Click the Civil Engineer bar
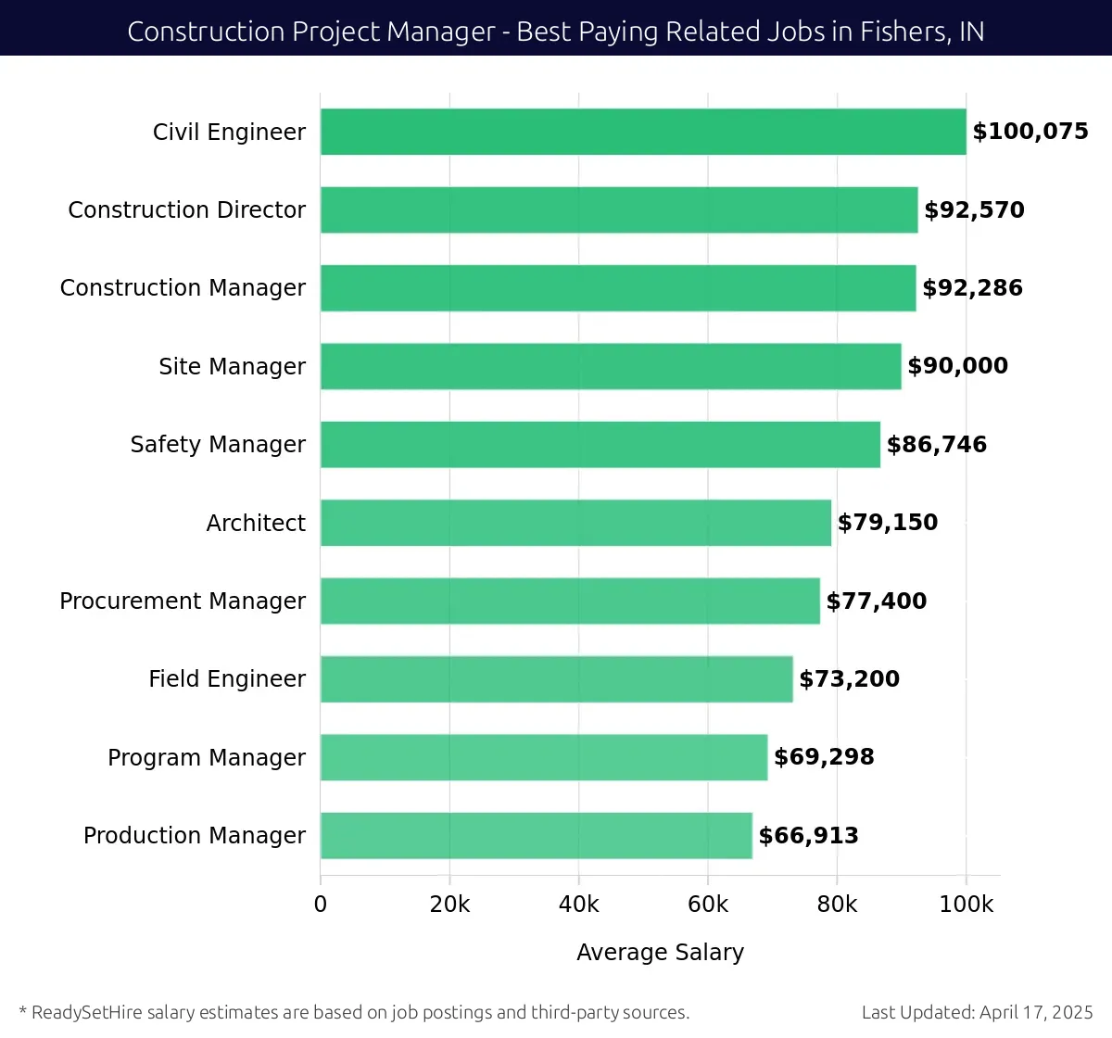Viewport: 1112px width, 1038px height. click(x=643, y=132)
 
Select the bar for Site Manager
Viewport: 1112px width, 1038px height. click(x=611, y=366)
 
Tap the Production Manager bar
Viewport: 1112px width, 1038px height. click(x=536, y=835)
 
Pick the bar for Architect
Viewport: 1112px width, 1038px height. click(x=575, y=523)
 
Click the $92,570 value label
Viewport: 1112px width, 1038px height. click(x=974, y=209)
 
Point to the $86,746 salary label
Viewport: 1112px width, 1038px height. click(x=936, y=445)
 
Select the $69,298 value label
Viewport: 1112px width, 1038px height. click(x=823, y=757)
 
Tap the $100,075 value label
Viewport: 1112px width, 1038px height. click(x=1030, y=132)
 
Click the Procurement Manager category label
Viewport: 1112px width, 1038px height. click(x=183, y=601)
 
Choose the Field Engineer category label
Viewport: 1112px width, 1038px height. click(x=227, y=679)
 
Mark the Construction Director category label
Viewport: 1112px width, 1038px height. click(x=186, y=209)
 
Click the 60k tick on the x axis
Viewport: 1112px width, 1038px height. click(x=708, y=905)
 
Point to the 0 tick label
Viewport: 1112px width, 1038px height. click(x=321, y=905)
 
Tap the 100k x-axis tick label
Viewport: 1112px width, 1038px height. click(x=966, y=905)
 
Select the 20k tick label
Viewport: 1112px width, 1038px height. click(x=449, y=905)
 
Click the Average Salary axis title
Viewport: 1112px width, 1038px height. click(x=660, y=952)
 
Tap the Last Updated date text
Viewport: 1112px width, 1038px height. click(x=977, y=1012)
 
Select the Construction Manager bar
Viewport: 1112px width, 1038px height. click(x=618, y=288)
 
